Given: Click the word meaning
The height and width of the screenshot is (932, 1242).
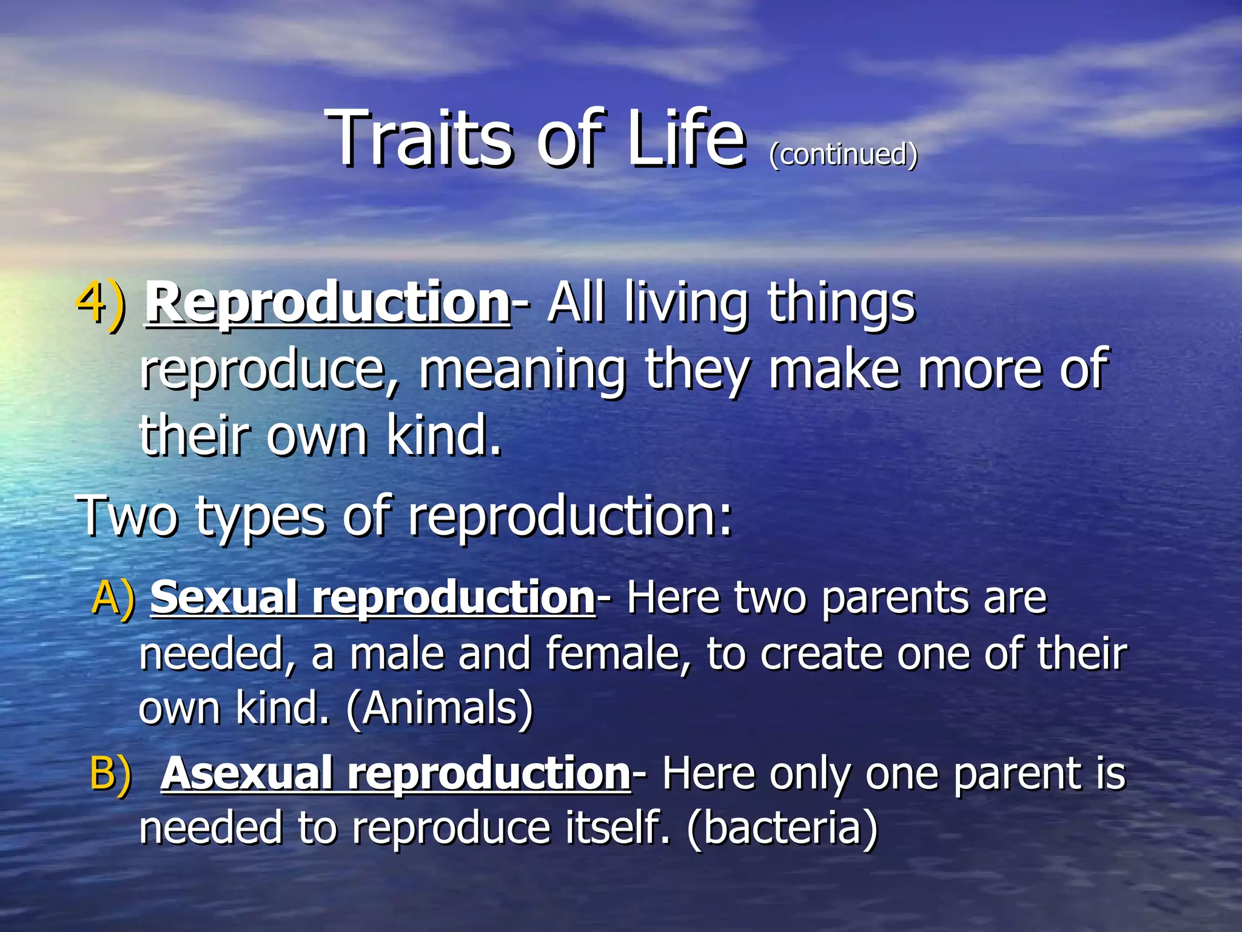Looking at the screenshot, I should coord(522,370).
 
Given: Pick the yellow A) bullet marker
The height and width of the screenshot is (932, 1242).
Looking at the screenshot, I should coord(113,598).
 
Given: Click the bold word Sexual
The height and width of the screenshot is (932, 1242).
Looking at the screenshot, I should coord(224,598).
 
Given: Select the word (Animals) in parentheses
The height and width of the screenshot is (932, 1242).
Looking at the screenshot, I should coord(440,709).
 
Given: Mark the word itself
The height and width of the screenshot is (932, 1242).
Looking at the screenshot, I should coord(616,828).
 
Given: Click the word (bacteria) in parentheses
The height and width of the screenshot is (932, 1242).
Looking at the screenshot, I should coord(782,828).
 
